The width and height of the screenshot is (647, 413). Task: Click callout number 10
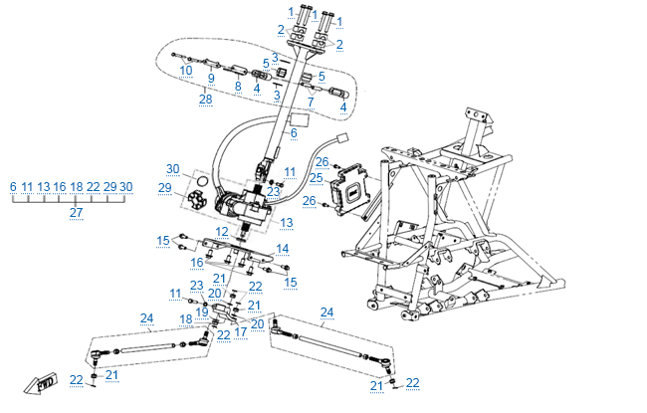click(187, 71)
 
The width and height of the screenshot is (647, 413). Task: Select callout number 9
click(210, 78)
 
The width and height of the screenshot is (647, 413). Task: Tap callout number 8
click(238, 87)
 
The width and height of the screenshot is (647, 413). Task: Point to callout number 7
click(310, 102)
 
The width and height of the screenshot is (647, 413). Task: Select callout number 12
click(223, 231)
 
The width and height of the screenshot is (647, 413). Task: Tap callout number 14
click(283, 248)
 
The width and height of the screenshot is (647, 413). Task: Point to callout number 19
click(201, 311)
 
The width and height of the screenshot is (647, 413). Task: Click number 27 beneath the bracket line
click(76, 212)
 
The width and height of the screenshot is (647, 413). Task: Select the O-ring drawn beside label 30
click(200, 182)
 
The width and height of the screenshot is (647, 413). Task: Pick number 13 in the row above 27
click(44, 186)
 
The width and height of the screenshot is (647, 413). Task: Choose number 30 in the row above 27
click(126, 186)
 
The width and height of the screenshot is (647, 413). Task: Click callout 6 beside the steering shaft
click(294, 132)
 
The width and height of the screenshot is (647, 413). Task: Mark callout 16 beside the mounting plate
click(197, 263)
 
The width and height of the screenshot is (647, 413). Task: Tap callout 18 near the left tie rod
click(186, 318)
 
